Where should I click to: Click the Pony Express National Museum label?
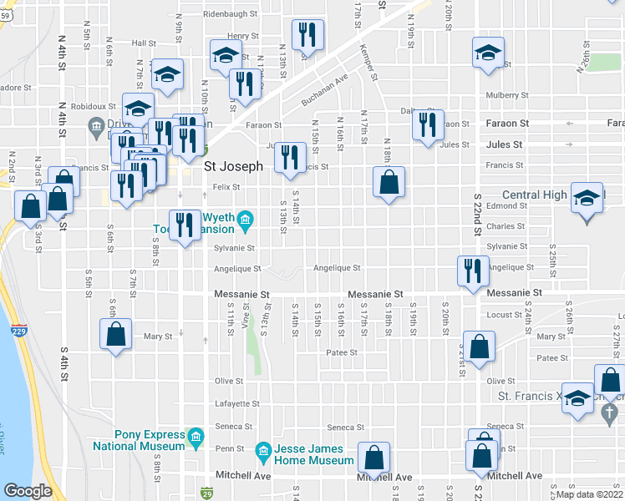coord(150,440)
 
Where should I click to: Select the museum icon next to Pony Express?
coord(196,437)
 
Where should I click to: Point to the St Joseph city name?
coord(235,167)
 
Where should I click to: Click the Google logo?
coord(28,490)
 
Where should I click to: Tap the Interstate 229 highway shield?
coord(19,331)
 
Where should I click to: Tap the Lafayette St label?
coord(237,403)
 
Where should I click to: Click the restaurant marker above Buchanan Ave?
coord(307,35)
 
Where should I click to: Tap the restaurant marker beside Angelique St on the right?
coord(473,271)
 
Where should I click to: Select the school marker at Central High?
coord(587,200)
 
